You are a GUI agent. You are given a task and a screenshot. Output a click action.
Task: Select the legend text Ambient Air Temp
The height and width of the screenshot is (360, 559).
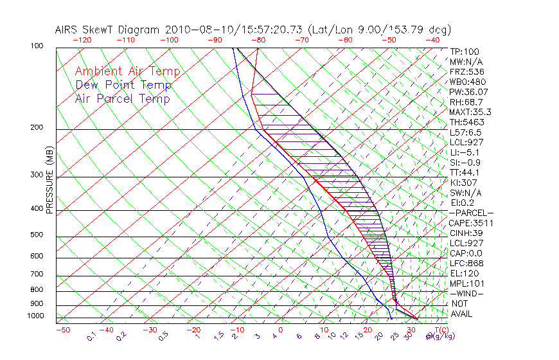point(127,72)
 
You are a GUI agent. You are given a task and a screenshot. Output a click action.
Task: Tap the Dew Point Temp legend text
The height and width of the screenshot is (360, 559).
point(123,85)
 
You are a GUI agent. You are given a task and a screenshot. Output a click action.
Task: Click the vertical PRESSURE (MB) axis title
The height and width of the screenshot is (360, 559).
point(50,180)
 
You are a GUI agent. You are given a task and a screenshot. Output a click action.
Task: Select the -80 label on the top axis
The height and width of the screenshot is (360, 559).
point(259,40)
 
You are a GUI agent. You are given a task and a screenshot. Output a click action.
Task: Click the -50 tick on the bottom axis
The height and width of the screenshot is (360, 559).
point(62,330)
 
